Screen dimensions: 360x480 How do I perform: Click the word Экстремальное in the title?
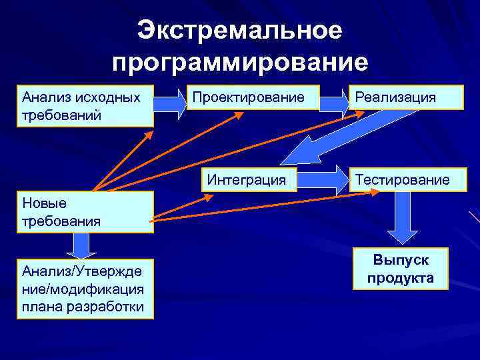240,31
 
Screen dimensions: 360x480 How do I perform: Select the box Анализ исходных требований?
87,106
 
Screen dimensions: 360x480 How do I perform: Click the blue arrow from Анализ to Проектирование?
171,103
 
